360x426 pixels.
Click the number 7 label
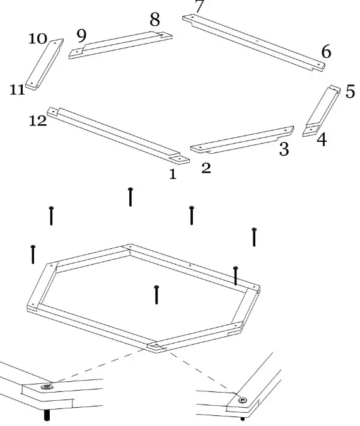coord(199,7)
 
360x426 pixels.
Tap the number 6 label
coord(326,52)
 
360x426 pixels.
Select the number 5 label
coord(350,91)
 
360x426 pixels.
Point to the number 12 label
coord(38,121)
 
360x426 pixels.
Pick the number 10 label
coord(38,38)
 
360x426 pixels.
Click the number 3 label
coord(284,150)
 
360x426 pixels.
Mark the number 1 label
coord(173,175)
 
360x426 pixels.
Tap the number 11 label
coord(17,90)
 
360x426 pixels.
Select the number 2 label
coord(206,169)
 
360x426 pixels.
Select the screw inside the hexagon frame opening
coord(156,294)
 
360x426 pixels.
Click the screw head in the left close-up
coord(45,386)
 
